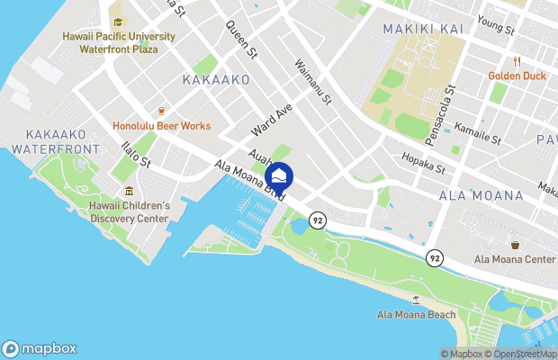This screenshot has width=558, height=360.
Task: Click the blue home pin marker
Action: pos(280,175)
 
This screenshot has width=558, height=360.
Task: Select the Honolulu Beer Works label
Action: pos(162,126)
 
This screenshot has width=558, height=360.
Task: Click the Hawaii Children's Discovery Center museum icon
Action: pos(130,191)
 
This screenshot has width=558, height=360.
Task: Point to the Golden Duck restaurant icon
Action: pos(517,62)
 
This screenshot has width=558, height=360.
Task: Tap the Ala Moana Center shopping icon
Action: pos(515,245)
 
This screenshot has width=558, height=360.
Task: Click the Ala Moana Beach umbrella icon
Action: pos(416,300)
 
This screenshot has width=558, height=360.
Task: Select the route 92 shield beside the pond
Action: pos(316,220)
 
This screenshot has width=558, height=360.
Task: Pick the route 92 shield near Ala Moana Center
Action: pos(435,257)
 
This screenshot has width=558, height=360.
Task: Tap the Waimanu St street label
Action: pos(314,80)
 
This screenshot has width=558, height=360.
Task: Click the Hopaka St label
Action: pos(422,163)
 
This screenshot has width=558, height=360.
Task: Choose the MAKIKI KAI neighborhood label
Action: pos(423,29)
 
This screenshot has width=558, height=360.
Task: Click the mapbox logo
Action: pos(40,348)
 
